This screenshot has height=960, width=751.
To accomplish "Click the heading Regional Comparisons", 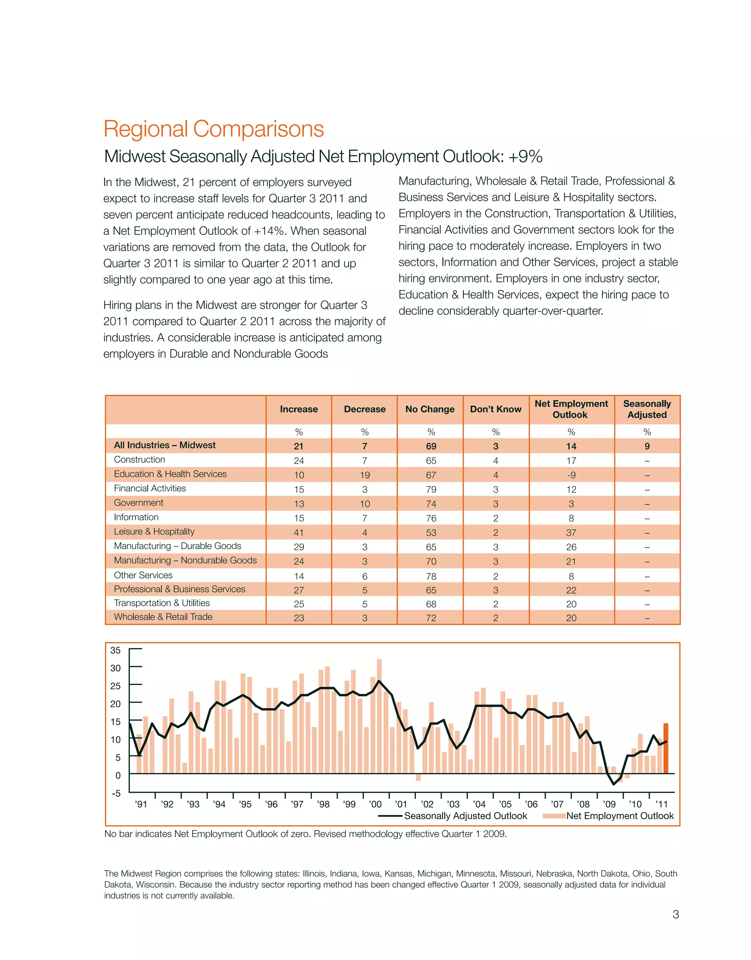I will point(214,129).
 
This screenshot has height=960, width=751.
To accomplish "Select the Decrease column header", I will point(364,409).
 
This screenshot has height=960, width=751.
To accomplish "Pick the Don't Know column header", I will point(495,409).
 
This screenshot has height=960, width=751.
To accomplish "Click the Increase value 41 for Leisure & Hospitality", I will point(298,533).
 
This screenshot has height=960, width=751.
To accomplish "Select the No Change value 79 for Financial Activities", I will point(431,489).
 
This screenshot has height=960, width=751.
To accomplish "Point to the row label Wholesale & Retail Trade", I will point(163,617).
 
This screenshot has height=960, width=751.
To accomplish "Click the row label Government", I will point(139,503).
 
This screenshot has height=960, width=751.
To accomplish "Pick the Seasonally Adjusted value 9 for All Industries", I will point(647,446).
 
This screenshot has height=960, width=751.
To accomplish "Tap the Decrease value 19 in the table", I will point(364,475).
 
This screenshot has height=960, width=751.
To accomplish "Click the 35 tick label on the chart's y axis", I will point(115,650).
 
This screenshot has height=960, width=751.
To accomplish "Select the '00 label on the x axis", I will point(375,805).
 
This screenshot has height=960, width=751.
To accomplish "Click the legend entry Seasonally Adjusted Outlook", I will point(465,816).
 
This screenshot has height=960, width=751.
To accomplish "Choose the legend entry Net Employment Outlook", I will point(619,816).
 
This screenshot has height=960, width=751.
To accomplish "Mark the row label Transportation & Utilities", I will point(162,603).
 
